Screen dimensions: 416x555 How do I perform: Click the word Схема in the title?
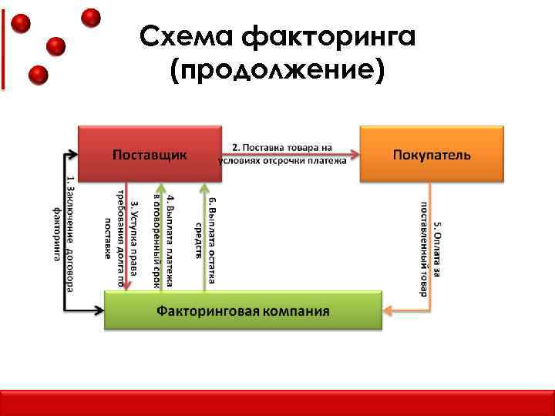tap(187, 35)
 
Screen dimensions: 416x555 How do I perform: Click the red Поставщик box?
tap(150, 154)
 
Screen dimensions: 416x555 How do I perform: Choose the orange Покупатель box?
tap(432, 154)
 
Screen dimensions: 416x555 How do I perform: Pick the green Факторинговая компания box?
tap(243, 311)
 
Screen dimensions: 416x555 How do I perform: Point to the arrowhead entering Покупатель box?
tap(355, 154)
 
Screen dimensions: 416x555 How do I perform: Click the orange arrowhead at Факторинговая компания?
tap(388, 311)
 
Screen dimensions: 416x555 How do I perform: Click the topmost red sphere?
tap(92, 17)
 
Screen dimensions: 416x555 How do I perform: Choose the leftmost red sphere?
tap(22, 23)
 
